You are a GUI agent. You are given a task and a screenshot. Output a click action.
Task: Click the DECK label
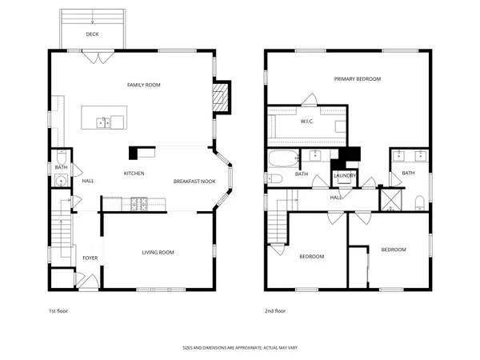coord(93,34)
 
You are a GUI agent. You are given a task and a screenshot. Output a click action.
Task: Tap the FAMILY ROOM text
coord(145,84)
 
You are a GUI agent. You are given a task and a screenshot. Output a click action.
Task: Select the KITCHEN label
coord(134,174)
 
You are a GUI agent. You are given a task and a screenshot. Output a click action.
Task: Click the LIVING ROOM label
coord(158,252)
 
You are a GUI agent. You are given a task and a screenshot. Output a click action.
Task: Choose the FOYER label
coord(90,258)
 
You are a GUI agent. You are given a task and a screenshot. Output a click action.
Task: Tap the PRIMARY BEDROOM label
coord(358,79)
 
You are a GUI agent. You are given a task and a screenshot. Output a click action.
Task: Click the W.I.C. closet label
coord(307,122)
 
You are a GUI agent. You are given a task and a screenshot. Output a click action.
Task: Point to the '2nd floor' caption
coord(274,312)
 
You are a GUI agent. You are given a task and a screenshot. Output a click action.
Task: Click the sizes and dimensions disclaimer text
coord(240,348)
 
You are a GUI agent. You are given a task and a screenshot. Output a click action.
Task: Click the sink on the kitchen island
coord(103,122)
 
